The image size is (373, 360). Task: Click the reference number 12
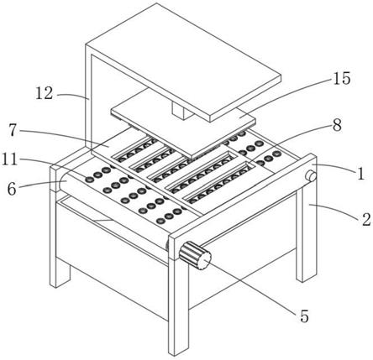[x=45, y=93]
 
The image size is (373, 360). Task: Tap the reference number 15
[x=341, y=78]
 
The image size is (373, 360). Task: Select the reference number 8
[x=337, y=125]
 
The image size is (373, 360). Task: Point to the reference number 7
[x=13, y=130]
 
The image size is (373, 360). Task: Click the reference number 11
[x=10, y=159]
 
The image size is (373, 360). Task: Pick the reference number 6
[x=12, y=190]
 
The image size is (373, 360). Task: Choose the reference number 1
[x=361, y=174]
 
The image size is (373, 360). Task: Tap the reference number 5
[x=304, y=316]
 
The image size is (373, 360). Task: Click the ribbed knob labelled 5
[x=195, y=255]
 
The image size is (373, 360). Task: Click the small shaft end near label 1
[x=310, y=176]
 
